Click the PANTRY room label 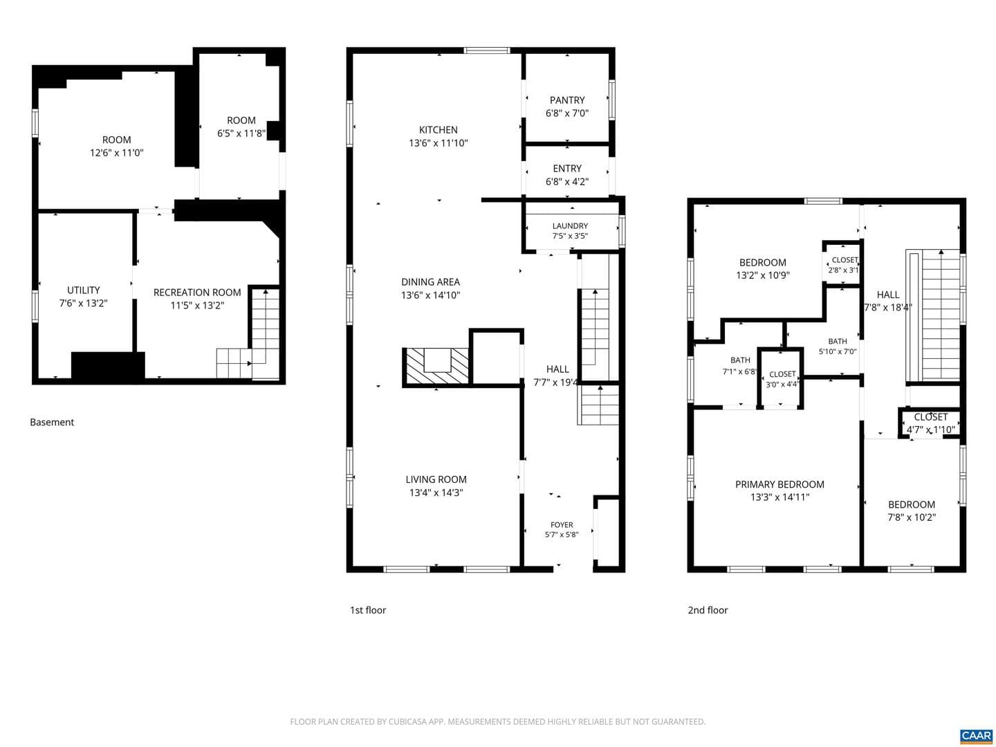point(566,100)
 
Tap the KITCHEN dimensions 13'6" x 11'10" point(438,143)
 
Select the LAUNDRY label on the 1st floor point(570,226)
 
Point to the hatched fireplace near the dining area point(436,367)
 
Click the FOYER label point(562,525)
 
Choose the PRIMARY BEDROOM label point(780,484)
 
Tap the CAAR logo point(976,736)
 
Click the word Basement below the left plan point(52,422)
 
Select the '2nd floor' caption point(708,611)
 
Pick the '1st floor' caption point(367,611)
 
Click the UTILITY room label point(84,290)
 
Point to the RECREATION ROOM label point(197,293)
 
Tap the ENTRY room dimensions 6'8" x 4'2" point(566,182)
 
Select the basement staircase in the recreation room point(248,333)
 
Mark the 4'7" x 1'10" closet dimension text point(931,430)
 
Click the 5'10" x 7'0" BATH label point(837,351)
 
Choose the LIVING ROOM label point(436,479)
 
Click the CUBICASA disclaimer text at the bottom point(497,721)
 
